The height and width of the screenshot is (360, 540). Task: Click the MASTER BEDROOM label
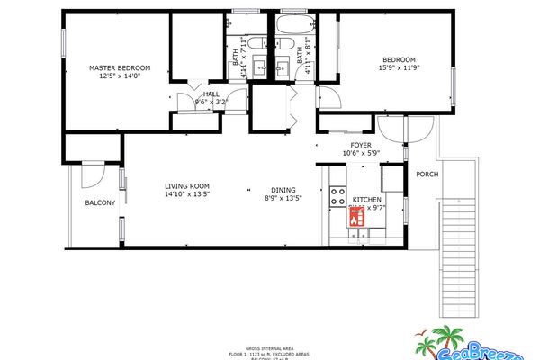[119, 68]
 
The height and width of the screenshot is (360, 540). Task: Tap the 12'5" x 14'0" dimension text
[119, 77]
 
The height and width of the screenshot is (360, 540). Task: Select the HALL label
[211, 94]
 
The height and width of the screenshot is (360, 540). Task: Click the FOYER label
[361, 145]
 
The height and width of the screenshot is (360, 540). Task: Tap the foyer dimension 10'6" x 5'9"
[361, 154]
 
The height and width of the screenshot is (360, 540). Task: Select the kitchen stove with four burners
[339, 194]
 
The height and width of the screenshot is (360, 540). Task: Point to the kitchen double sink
[359, 235]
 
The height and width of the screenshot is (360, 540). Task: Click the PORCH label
[427, 174]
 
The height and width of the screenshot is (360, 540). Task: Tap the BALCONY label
[100, 203]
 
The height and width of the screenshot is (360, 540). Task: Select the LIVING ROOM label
[186, 185]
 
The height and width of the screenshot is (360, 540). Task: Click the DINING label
[284, 190]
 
